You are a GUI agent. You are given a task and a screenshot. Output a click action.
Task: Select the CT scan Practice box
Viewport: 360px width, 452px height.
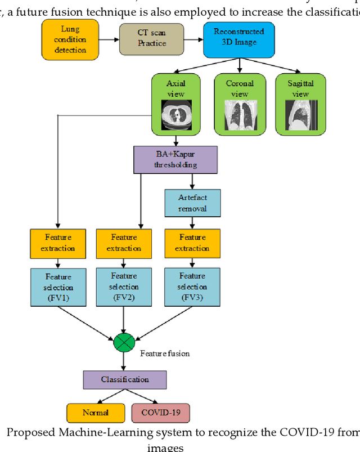point(150,38)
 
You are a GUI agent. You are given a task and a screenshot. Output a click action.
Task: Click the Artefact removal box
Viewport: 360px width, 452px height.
point(192,203)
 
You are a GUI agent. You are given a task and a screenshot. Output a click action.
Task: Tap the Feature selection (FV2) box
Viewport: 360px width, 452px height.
point(124,287)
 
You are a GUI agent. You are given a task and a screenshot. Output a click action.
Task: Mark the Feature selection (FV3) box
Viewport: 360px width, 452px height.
point(192,287)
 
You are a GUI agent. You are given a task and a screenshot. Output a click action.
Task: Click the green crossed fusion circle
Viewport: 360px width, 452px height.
point(124,342)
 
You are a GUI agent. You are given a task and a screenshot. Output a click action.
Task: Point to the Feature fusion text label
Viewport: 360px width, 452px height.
point(165,353)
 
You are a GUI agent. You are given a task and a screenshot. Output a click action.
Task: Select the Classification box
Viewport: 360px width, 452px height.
point(124,379)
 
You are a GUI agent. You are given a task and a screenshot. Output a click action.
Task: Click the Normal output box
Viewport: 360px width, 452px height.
point(95,413)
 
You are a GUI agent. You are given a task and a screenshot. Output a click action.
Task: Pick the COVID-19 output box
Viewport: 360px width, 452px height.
point(160,413)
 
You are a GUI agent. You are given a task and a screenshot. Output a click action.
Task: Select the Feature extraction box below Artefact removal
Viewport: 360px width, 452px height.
point(192,243)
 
